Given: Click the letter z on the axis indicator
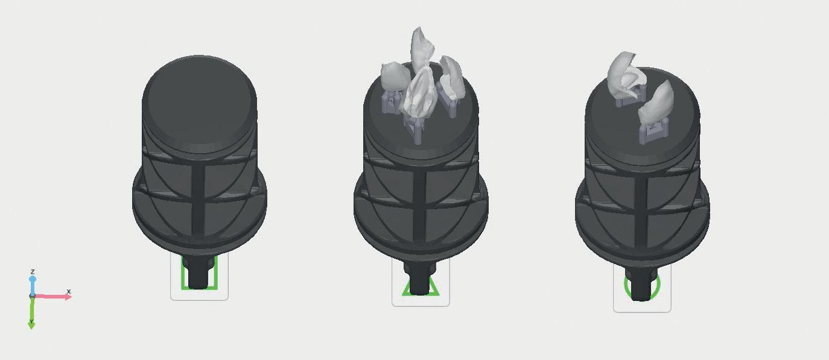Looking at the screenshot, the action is (x=33, y=271).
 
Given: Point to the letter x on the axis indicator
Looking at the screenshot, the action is (x=68, y=291).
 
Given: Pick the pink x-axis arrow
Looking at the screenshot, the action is (x=52, y=296).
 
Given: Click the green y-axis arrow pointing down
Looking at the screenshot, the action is (x=32, y=312).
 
